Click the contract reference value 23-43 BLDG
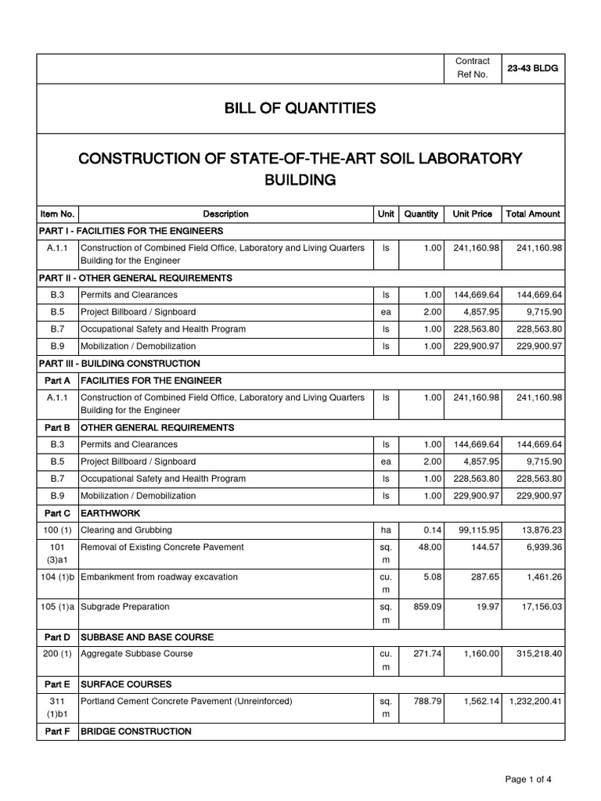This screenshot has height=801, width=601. pyautogui.click(x=533, y=68)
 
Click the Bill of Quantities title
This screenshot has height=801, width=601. pyautogui.click(x=300, y=108)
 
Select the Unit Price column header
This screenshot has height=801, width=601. pyautogui.click(x=472, y=214)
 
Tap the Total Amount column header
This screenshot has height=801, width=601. pyautogui.click(x=533, y=214)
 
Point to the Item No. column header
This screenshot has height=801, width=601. pyautogui.click(x=57, y=214)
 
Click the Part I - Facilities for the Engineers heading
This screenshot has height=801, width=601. pyautogui.click(x=131, y=231)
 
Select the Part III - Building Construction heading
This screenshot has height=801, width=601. pyautogui.click(x=119, y=364)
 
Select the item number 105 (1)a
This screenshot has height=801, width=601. pyautogui.click(x=57, y=606)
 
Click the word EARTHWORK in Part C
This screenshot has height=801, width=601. pyautogui.click(x=113, y=513)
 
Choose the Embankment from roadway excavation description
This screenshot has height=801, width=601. pyautogui.click(x=159, y=577)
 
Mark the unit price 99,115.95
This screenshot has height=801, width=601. pyautogui.click(x=474, y=530)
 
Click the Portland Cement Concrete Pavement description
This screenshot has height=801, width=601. pyautogui.click(x=186, y=702)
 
